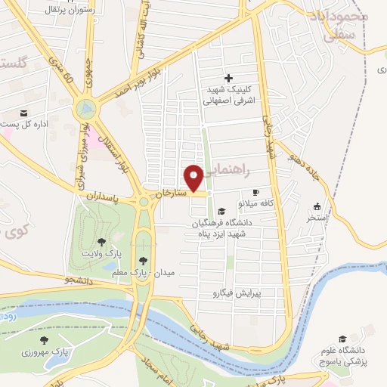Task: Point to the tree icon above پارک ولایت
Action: coord(101,242)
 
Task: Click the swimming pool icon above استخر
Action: coord(317,206)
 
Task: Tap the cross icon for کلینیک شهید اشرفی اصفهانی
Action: coord(229,77)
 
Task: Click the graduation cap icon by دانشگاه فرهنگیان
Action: coord(221,212)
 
